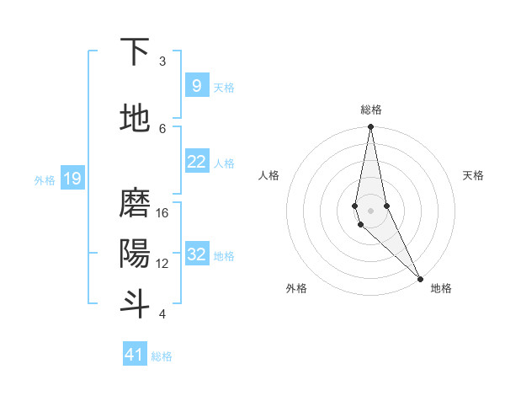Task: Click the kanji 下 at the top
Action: tap(136, 52)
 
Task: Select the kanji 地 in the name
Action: tap(136, 118)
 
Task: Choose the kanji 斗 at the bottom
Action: tap(136, 303)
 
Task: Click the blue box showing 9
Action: tap(196, 86)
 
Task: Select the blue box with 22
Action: tap(196, 162)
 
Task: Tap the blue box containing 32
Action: tap(196, 254)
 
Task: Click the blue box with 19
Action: tap(72, 179)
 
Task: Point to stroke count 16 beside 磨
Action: tap(162, 213)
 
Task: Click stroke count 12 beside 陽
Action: tap(162, 263)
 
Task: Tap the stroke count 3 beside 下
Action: tap(162, 62)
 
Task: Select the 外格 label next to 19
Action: tap(45, 179)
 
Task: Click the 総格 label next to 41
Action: tap(162, 356)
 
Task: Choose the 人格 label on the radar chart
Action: tap(269, 175)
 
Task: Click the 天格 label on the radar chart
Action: tap(473, 175)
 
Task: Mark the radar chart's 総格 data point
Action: tap(370, 127)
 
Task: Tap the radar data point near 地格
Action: tap(420, 278)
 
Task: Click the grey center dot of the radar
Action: tap(370, 210)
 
